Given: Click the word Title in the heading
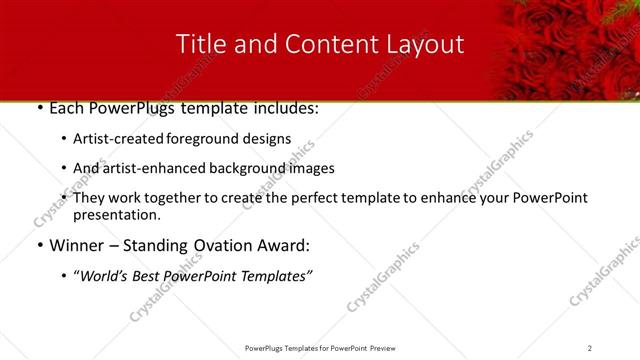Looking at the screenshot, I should (199, 44).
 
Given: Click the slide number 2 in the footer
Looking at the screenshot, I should (590, 348).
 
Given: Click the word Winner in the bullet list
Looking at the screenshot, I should (78, 245).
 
